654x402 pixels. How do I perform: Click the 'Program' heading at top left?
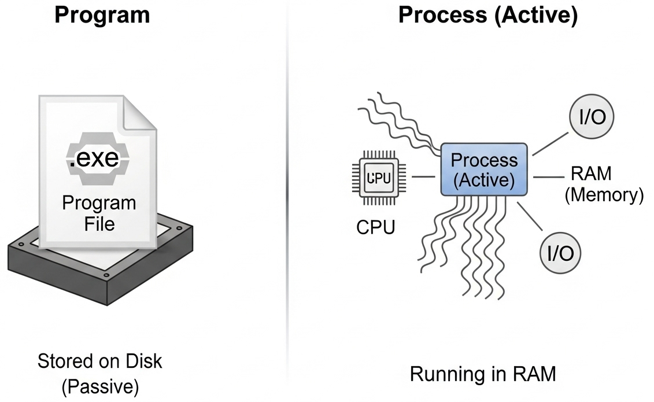[x=102, y=16]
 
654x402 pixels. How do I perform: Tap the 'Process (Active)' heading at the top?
[x=487, y=16]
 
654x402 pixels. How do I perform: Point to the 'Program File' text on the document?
[x=99, y=213]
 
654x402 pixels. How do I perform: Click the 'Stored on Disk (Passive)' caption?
[x=99, y=374]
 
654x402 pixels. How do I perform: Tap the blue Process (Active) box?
[x=483, y=169]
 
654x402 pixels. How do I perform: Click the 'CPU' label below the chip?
[x=375, y=227]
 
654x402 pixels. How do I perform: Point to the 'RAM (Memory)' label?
[x=603, y=184]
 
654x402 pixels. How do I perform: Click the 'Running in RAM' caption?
[x=482, y=374]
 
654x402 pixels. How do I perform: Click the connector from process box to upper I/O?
[x=551, y=142]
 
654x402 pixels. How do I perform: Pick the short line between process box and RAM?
[x=546, y=176]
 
